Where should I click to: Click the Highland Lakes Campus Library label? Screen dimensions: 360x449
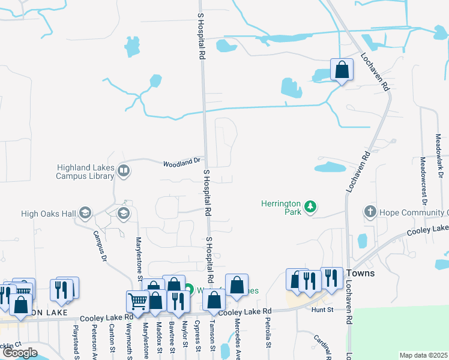[x=85, y=172]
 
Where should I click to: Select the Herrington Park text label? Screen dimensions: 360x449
[x=280, y=208]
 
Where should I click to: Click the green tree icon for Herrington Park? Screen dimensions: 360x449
[x=310, y=207]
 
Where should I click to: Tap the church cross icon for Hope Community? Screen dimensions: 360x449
[x=370, y=212]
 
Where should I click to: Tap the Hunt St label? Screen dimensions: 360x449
[x=322, y=310]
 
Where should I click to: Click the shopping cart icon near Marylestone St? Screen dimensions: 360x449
[x=137, y=302]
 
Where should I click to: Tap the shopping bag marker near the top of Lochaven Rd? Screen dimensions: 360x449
[x=342, y=70]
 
